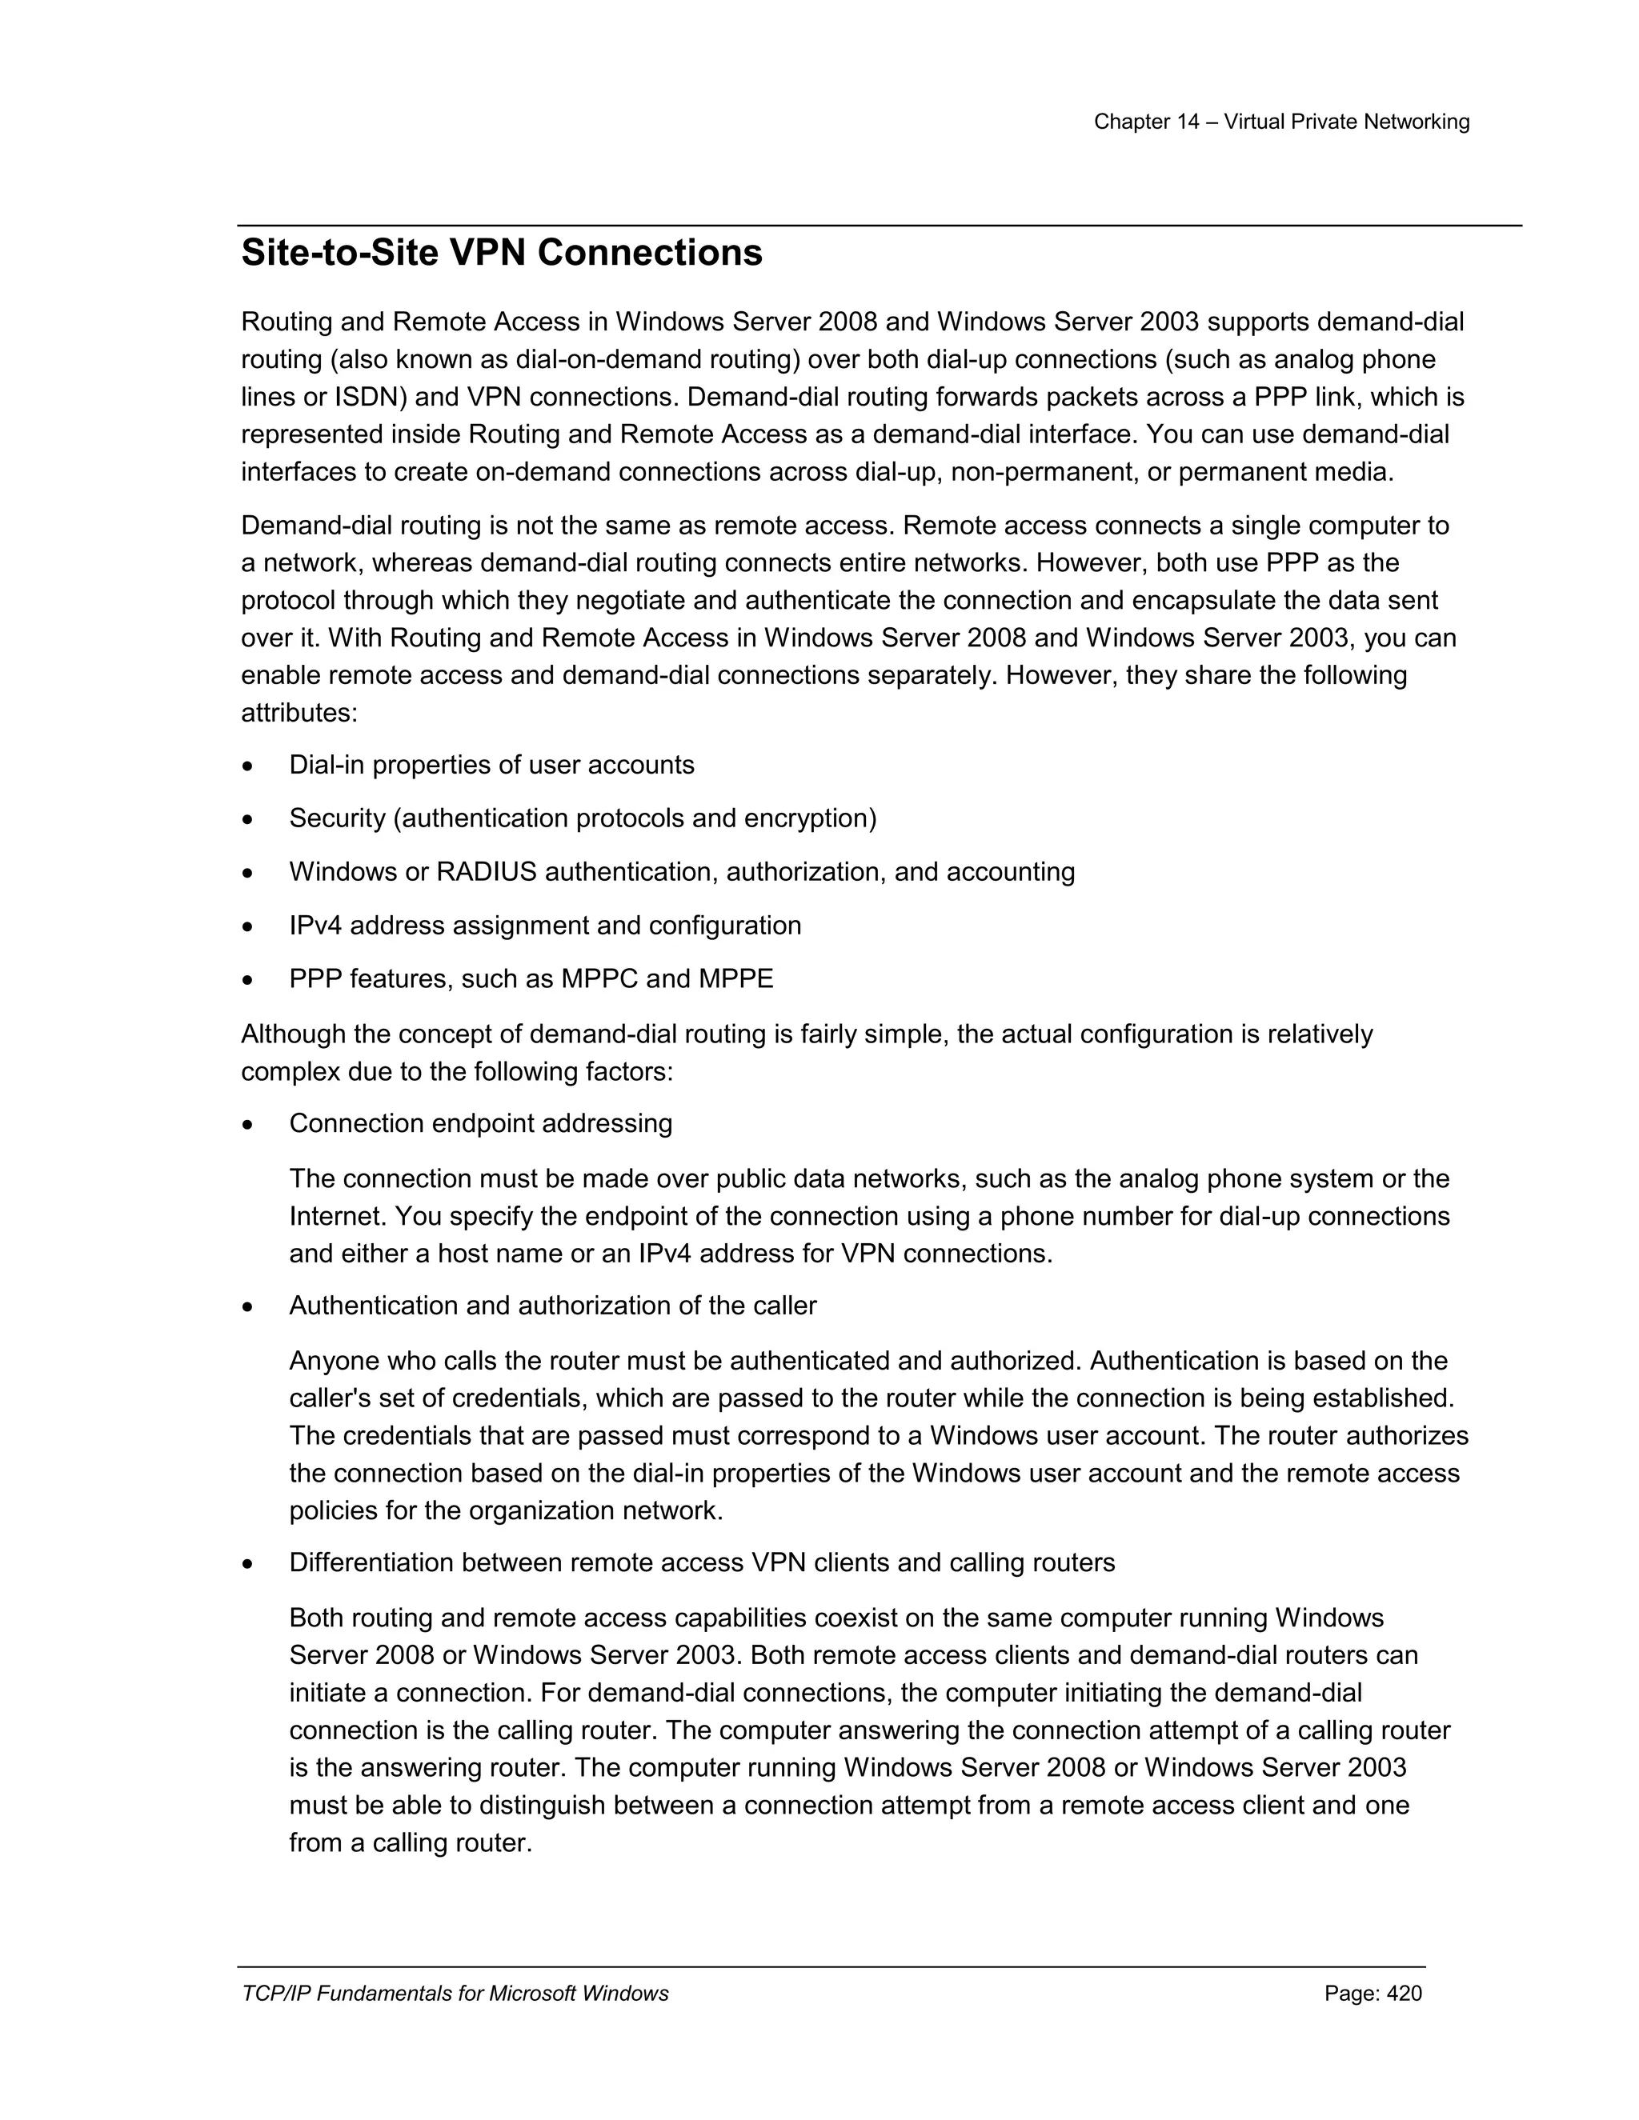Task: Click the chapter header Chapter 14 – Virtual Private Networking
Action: (1280, 122)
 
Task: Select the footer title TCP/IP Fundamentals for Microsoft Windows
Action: (455, 1993)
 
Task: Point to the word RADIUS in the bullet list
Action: (486, 872)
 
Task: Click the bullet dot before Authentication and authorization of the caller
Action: (249, 1307)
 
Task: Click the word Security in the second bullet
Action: (337, 818)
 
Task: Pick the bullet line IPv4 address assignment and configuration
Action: (545, 925)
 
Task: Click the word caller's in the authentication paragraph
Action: (331, 1398)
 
